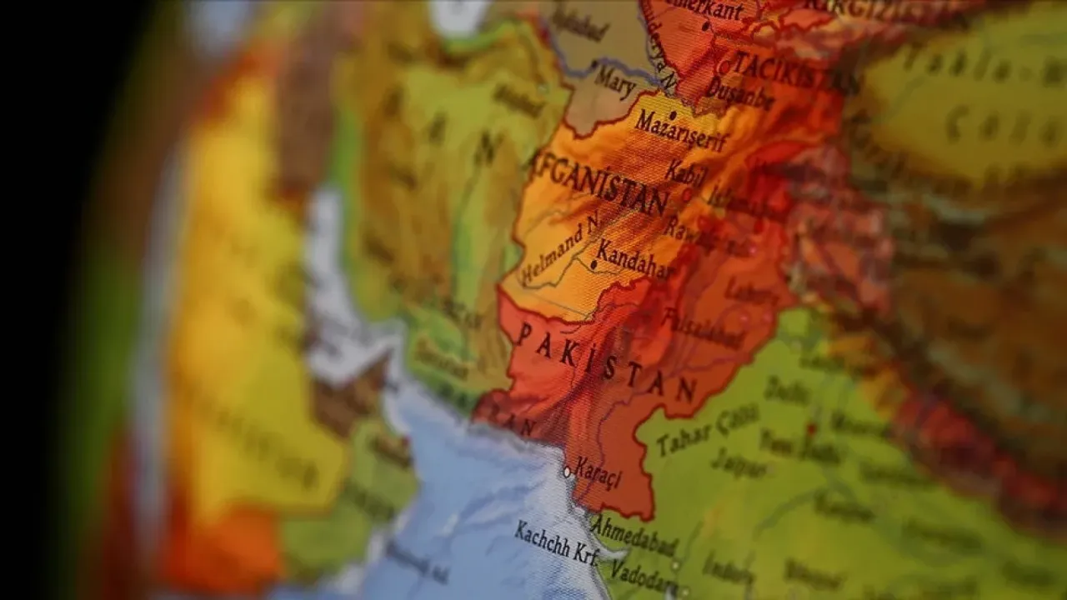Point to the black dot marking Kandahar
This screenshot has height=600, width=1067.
pos(594,265)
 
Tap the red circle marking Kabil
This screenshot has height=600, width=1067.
pos(688,193)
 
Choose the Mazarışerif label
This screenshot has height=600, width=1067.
pos(680,131)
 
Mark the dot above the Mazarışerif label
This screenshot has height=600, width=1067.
pos(672,115)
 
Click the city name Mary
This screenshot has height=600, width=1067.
pos(614,82)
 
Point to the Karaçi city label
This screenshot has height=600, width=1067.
pos(597,472)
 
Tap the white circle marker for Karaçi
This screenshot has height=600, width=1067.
pos(567,471)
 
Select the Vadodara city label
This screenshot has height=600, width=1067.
pos(641,572)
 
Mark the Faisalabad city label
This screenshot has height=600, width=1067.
pos(704,328)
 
